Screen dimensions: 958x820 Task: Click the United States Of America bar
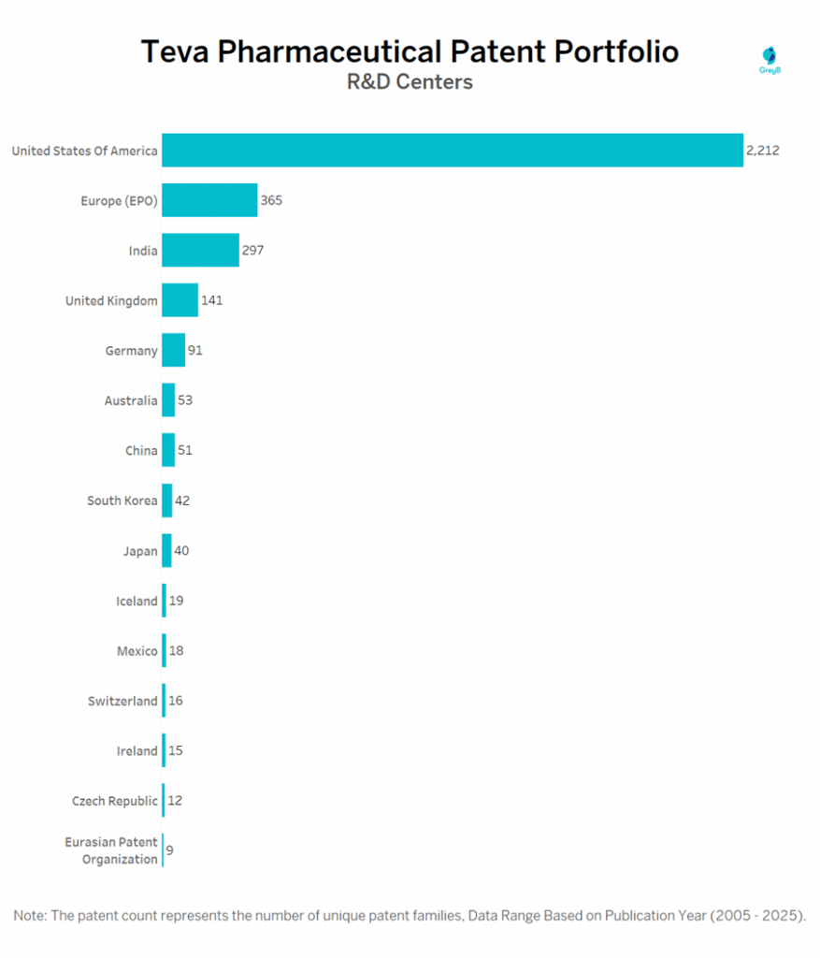[452, 151]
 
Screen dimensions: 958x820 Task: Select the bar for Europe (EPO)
[209, 200]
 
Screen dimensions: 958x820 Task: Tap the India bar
[200, 251]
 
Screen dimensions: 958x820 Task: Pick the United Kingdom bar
[180, 300]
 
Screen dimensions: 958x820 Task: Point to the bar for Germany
[173, 351]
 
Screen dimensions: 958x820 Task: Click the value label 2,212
[762, 151]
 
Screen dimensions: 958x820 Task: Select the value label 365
[271, 200]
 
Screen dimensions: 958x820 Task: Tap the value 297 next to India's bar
[253, 251]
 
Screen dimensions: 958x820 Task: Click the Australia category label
[131, 400]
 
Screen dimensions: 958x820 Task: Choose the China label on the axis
[141, 451]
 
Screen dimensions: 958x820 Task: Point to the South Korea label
[122, 501]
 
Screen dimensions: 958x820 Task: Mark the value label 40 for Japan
[181, 550]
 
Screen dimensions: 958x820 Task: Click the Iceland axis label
[137, 601]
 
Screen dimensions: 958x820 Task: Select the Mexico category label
[137, 651]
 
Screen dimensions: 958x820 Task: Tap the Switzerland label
[122, 701]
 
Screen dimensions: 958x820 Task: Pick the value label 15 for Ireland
[176, 750]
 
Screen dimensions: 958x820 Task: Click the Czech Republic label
[115, 801]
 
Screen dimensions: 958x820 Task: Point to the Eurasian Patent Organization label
[111, 850]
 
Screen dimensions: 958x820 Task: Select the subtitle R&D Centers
[410, 82]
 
